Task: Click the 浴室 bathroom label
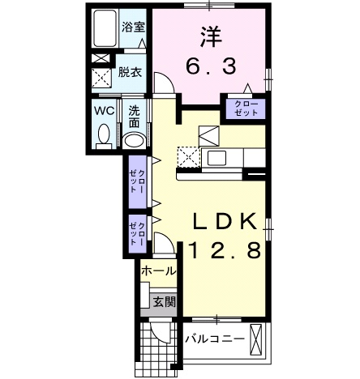click(x=133, y=26)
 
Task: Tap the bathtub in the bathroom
click(x=105, y=30)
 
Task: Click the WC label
click(x=104, y=109)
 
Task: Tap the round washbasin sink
click(x=134, y=140)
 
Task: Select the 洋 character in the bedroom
click(x=211, y=36)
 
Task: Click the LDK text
click(x=225, y=220)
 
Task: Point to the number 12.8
click(x=225, y=249)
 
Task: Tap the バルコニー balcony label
click(x=215, y=339)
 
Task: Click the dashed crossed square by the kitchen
click(x=188, y=156)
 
